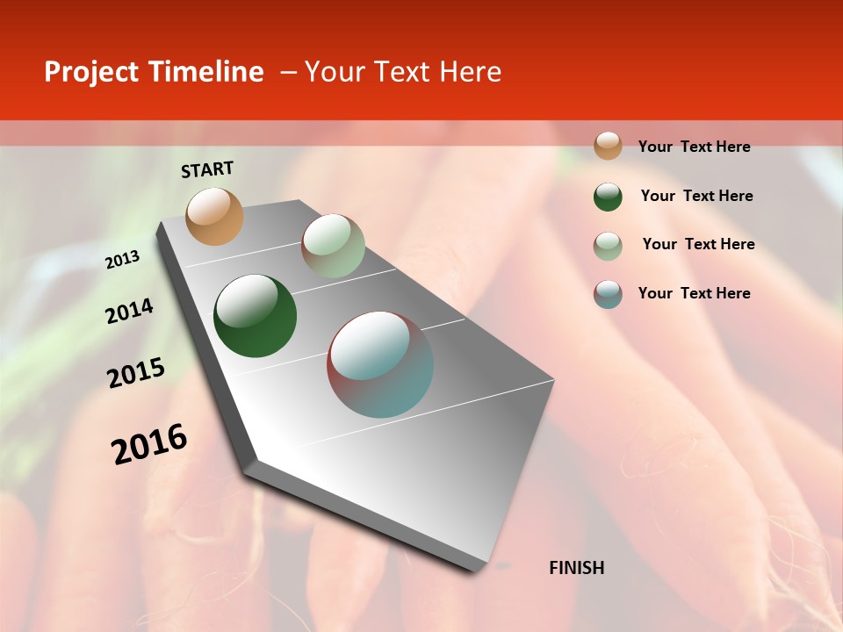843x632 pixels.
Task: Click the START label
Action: point(207,169)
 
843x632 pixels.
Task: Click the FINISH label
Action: point(576,568)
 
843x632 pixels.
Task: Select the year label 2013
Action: point(122,260)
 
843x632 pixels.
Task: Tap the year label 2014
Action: point(129,312)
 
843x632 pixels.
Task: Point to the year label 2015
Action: point(136,373)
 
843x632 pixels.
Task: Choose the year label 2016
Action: point(149,443)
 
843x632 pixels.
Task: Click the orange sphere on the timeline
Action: point(215,216)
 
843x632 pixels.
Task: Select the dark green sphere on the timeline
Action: point(255,316)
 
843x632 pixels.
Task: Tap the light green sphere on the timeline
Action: point(333,246)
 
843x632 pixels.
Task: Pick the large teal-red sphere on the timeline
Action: point(380,364)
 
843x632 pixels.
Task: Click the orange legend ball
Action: point(608,146)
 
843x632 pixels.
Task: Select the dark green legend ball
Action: point(608,197)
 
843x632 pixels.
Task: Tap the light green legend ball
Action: point(608,246)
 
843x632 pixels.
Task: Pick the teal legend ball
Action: point(608,294)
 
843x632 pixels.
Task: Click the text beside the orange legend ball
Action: point(694,147)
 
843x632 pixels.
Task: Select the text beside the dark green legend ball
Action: point(696,196)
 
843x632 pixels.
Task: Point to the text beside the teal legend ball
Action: point(694,293)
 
